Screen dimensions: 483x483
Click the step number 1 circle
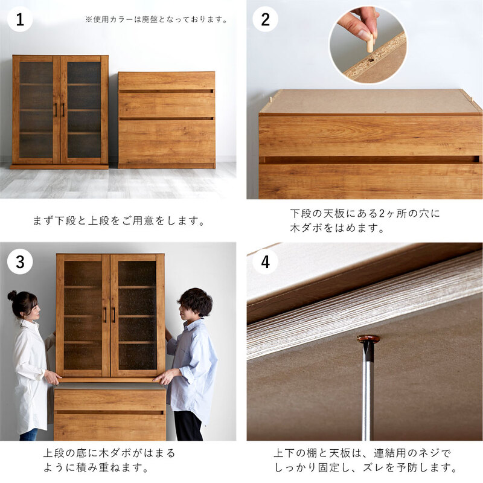[x=20, y=19]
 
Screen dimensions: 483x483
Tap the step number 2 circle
[x=265, y=19]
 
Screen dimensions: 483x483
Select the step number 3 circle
[x=20, y=261]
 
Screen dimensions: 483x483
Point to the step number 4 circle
[x=265, y=261]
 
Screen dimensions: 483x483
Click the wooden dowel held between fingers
[x=370, y=43]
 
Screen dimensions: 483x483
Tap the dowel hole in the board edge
[x=371, y=59]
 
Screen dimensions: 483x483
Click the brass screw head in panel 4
[x=368, y=339]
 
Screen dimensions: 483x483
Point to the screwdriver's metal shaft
[x=368, y=400]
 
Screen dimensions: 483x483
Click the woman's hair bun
[x=12, y=295]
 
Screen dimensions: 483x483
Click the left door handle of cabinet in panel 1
[x=56, y=110]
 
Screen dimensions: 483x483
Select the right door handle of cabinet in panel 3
[x=114, y=315]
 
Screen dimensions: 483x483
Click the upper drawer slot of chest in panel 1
[x=166, y=91]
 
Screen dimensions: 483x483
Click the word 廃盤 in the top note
[x=150, y=20]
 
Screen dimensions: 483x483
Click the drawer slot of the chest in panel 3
[x=109, y=412]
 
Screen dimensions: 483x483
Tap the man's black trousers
[x=188, y=426]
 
